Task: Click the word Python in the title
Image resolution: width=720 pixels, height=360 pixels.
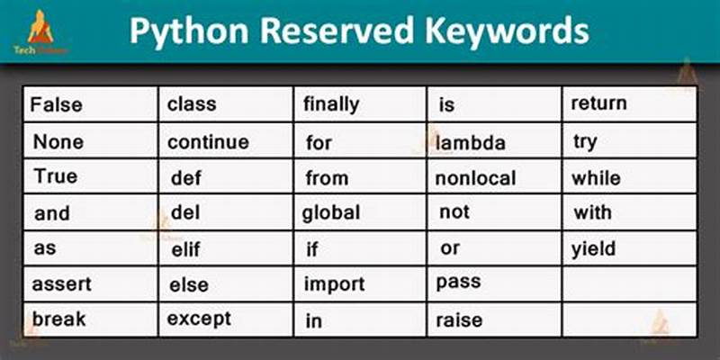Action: point(184,31)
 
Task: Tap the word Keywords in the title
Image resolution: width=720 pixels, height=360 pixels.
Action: point(504,31)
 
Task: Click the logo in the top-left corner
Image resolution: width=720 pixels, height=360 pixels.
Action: point(40,32)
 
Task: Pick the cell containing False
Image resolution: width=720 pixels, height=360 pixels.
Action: point(56,105)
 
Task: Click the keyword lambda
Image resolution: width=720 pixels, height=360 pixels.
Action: point(471,143)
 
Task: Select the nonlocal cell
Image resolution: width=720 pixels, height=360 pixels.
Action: point(475,178)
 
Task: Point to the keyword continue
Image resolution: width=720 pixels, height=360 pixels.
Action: point(208,142)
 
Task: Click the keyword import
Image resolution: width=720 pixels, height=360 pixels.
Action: point(334,284)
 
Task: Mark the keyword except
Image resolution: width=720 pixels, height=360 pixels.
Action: point(200,319)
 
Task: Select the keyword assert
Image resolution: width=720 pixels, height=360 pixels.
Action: point(62,284)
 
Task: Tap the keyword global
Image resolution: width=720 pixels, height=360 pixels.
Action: point(331,213)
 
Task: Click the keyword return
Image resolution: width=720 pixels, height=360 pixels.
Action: point(598,103)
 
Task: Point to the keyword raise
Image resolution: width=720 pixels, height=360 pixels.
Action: point(459,319)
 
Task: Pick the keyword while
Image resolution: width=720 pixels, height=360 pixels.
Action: point(595,178)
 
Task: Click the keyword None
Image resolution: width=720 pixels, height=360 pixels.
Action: point(58,142)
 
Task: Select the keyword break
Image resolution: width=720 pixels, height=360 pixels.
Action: point(58,319)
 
